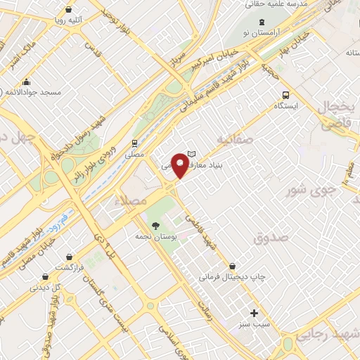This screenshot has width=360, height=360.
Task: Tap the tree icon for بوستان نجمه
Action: pyautogui.click(x=155, y=225)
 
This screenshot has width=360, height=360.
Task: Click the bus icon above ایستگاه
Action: pyautogui.click(x=285, y=95)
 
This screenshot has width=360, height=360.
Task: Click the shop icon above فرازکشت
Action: pyautogui.click(x=69, y=258)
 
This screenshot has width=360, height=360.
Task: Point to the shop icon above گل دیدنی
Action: pyautogui.click(x=46, y=276)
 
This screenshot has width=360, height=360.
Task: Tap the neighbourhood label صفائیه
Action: pyautogui.click(x=234, y=139)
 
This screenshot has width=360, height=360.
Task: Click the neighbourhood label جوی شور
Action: pyautogui.click(x=308, y=190)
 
